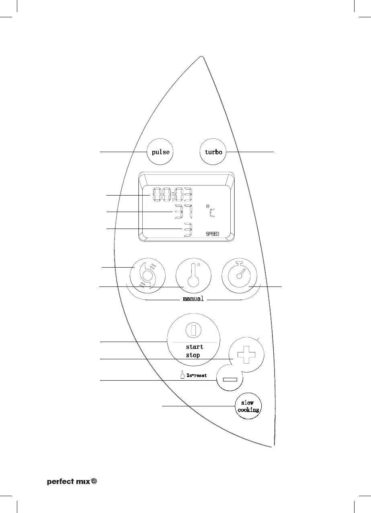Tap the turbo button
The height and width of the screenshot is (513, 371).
click(213, 152)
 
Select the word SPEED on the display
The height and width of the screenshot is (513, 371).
click(213, 234)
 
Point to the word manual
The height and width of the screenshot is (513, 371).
click(193, 299)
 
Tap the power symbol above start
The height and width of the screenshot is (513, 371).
click(193, 330)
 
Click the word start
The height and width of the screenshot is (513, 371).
click(195, 347)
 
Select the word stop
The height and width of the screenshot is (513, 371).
click(193, 355)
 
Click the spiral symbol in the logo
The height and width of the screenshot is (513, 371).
click(94, 481)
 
